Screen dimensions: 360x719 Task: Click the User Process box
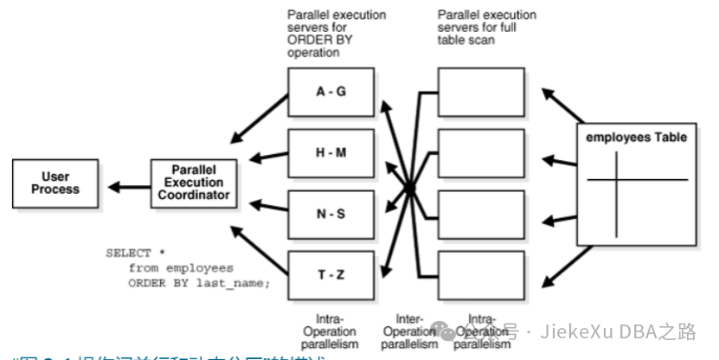click(x=55, y=183)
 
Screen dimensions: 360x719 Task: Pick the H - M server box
click(x=331, y=151)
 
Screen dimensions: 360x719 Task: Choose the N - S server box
click(x=331, y=213)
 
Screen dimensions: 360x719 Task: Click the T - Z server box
click(x=331, y=274)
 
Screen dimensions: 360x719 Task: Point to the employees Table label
click(x=637, y=138)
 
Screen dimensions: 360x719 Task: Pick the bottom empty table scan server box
click(x=480, y=274)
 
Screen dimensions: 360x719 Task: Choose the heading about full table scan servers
click(x=486, y=27)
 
